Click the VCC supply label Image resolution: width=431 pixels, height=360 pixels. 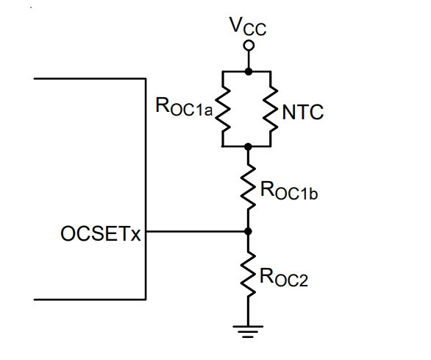[249, 27]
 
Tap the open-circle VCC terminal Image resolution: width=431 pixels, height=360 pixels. [249, 46]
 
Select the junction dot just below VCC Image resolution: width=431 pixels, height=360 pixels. [249, 71]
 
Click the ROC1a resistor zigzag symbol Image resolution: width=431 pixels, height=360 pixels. [223, 109]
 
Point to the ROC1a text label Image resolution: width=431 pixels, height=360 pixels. [184, 107]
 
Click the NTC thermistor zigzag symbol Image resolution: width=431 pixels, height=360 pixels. [271, 109]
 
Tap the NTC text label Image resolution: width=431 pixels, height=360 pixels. [303, 112]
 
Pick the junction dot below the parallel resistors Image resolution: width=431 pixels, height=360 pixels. [248, 147]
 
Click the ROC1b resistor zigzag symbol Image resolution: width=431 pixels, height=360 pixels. [248, 187]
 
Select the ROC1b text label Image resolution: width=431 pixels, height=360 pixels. [289, 190]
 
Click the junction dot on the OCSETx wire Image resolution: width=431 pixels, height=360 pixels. [248, 231]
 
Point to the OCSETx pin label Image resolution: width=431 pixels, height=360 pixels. [100, 233]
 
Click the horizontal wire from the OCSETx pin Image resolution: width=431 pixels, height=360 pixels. [197, 232]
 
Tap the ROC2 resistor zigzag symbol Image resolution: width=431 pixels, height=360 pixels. [248, 275]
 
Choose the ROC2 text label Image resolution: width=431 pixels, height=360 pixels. [284, 278]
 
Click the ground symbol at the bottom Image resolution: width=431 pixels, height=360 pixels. [248, 332]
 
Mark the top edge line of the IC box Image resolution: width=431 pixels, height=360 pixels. [90, 79]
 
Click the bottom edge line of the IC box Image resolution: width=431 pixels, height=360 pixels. [90, 299]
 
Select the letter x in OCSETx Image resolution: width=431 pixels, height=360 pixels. [135, 236]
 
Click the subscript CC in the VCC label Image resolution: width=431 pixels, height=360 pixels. [255, 29]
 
